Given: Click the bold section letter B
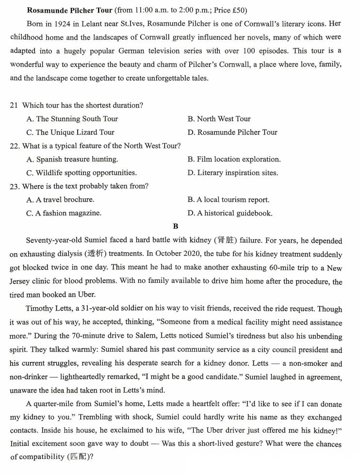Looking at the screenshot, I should point(176,227).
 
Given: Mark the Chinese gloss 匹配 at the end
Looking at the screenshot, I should point(81,458).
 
